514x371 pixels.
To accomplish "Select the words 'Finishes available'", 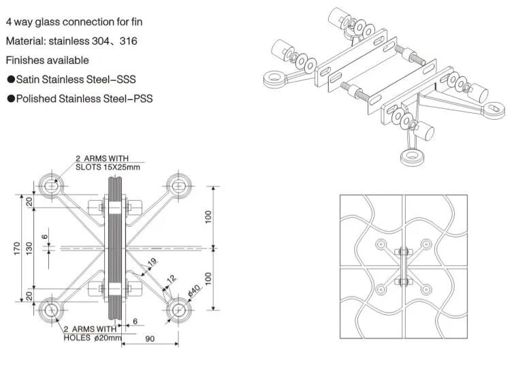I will pos(47,61).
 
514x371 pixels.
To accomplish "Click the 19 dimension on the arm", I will pos(152,261).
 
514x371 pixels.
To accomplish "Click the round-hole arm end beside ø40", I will pos(178,310).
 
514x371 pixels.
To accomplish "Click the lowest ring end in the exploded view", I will pos(411,158).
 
